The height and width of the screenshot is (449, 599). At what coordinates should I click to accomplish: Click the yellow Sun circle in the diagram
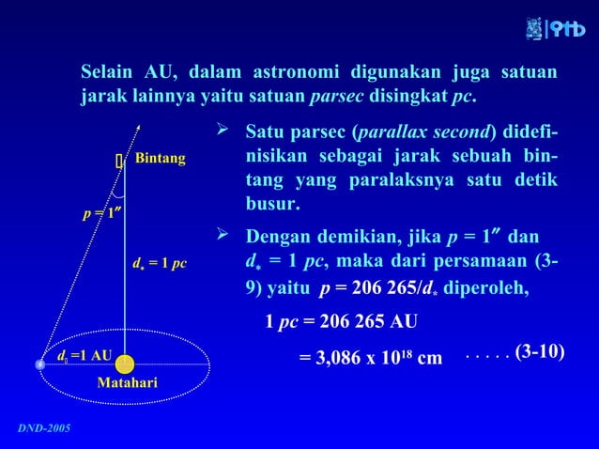(125, 364)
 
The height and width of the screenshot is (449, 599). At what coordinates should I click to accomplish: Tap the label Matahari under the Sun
(127, 383)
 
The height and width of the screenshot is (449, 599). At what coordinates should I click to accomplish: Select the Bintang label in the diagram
(160, 160)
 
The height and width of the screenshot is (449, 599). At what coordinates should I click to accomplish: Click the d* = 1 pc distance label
(161, 264)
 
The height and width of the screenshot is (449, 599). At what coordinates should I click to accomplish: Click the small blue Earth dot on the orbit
(39, 364)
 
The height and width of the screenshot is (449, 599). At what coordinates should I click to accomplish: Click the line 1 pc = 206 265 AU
(341, 322)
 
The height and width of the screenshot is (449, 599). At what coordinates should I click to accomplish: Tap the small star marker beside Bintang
(120, 162)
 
